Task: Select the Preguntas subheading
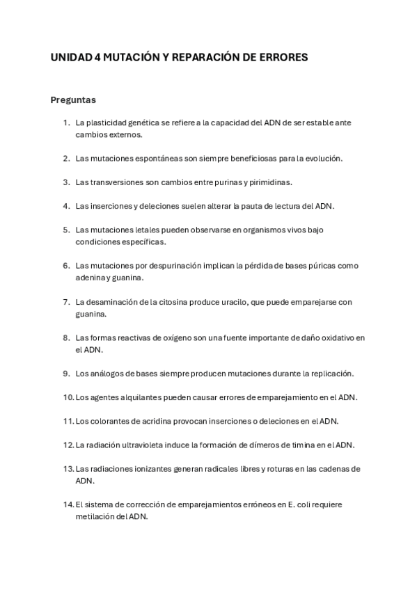coord(73,99)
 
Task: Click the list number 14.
coord(68,504)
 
